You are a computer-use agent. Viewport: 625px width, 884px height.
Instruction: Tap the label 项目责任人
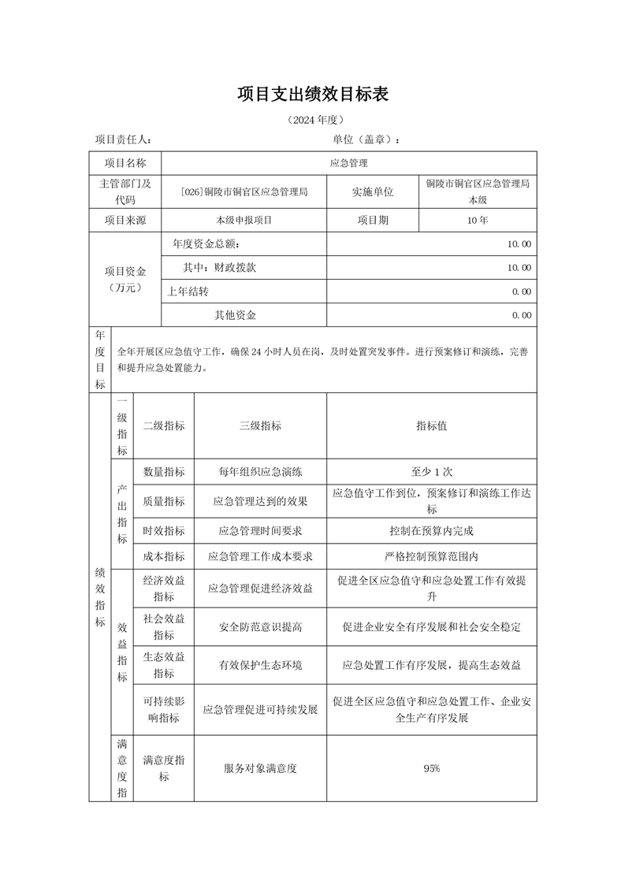point(123,139)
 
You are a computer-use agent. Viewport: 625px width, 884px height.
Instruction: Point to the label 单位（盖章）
point(366,139)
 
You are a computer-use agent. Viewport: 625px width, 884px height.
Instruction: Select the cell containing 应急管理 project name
point(348,163)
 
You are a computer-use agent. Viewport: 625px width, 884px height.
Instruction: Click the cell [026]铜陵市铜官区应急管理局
point(244,191)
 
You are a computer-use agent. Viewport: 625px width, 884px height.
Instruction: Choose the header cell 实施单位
point(373,191)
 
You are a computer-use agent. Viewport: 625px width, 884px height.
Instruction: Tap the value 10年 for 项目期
point(477,221)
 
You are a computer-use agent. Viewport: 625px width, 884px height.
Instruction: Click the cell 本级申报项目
point(244,221)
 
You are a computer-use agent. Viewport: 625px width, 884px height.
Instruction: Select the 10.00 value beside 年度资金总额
point(519,244)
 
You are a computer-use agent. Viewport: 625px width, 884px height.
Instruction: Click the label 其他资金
point(236,315)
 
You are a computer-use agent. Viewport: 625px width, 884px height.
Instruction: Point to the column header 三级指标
point(260,425)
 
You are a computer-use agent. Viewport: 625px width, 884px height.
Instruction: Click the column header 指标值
point(431,425)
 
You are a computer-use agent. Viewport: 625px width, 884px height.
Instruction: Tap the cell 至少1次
point(431,472)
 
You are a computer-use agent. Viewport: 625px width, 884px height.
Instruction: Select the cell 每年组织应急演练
point(260,472)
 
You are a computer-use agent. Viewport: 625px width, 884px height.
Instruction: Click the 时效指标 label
point(164,530)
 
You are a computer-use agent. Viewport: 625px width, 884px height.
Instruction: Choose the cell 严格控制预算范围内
point(431,556)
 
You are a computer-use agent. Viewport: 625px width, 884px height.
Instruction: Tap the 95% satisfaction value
point(431,768)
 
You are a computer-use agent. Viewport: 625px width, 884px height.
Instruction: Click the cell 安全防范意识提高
point(260,627)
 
